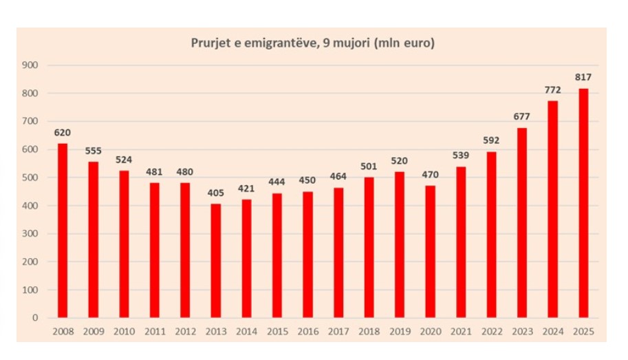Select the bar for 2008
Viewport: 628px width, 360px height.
point(63,231)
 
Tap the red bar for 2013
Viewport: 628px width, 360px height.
point(216,261)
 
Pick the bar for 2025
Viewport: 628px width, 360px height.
point(583,203)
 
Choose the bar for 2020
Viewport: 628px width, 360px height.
point(431,251)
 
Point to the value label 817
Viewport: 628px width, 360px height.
point(583,77)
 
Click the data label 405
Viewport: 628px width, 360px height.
point(216,193)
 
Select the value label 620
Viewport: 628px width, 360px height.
point(63,132)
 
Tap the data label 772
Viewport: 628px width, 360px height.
point(552,89)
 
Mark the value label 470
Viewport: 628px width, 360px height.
point(431,175)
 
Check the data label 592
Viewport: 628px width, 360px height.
point(492,140)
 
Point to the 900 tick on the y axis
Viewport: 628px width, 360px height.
point(32,65)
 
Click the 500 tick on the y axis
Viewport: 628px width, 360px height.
point(32,178)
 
